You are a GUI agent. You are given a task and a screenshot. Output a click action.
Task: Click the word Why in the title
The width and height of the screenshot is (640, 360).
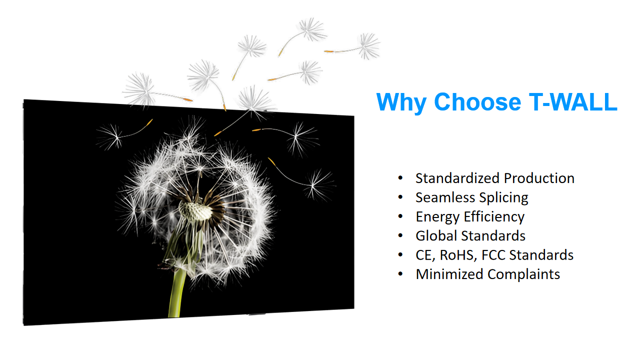(x=401, y=102)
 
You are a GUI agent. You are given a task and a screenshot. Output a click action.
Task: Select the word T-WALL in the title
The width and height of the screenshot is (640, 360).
(x=573, y=101)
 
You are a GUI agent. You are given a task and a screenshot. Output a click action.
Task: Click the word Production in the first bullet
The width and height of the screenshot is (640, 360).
(x=539, y=178)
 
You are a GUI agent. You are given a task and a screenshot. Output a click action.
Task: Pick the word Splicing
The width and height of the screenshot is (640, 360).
(x=503, y=198)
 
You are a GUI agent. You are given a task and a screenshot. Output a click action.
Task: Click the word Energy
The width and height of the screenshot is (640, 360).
(x=437, y=217)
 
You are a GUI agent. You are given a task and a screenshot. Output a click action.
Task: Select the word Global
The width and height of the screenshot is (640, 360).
(x=436, y=236)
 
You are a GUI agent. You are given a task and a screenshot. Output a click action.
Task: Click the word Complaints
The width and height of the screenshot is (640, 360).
(x=523, y=275)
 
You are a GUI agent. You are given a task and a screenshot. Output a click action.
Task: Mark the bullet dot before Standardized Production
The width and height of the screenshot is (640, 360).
(x=400, y=178)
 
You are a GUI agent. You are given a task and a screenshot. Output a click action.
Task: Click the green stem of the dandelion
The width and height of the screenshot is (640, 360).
(x=177, y=294)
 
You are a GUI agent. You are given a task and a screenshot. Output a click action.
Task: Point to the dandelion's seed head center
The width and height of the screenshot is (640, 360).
(x=195, y=211)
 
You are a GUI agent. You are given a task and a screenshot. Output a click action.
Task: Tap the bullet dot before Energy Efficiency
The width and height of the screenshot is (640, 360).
(x=400, y=216)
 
